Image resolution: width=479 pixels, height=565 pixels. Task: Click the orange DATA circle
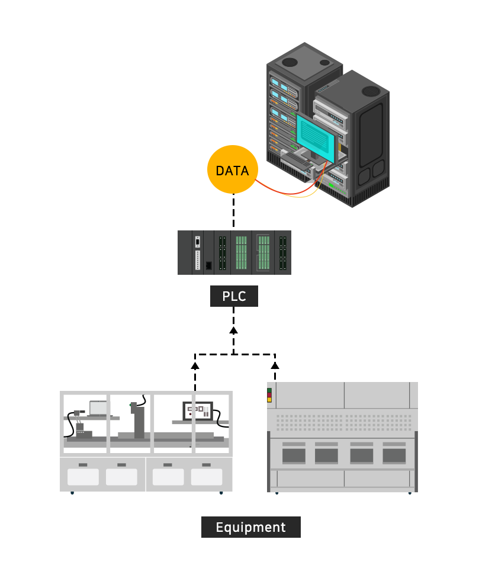(233, 170)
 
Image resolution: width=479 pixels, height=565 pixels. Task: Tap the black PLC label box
(234, 296)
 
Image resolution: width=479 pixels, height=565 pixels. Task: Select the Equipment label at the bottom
(251, 527)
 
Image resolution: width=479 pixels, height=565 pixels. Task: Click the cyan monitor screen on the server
(316, 137)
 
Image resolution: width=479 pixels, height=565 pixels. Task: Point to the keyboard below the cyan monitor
(296, 159)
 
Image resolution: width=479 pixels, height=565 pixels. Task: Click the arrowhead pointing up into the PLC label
(234, 330)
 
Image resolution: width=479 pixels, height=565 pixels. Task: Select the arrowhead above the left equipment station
(195, 366)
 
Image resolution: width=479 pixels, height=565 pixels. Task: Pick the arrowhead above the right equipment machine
(275, 366)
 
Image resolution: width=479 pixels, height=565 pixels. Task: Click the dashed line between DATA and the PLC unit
(234, 211)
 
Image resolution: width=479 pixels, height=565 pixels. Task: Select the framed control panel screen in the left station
(198, 411)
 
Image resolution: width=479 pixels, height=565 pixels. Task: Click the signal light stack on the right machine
(269, 395)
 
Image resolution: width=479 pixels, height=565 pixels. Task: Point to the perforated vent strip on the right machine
(344, 422)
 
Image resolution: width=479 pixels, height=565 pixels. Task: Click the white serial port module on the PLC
(197, 253)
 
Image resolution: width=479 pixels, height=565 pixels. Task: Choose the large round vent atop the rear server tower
(290, 62)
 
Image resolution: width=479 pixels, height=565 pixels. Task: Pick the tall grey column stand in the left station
(139, 420)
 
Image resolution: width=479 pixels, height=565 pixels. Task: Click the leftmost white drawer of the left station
(83, 477)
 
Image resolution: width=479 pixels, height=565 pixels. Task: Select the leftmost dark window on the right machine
(294, 456)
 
